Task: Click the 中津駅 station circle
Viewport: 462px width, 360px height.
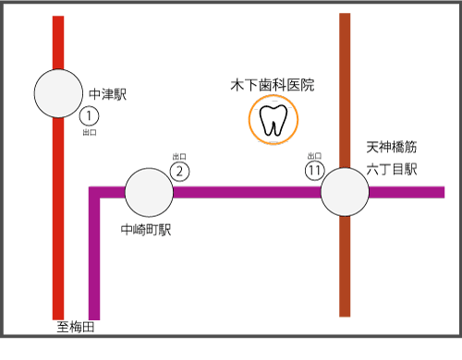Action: point(58,93)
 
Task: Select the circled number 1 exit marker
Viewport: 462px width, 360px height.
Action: point(89,116)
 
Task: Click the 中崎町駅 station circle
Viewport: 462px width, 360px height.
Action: point(149,192)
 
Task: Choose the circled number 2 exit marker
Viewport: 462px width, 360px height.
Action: point(181,170)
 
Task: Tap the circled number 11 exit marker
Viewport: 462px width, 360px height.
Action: point(315,170)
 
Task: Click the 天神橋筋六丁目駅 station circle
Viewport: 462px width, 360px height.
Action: point(345,192)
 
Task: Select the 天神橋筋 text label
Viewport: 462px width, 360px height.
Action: point(392,147)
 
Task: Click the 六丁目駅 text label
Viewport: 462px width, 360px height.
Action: point(392,169)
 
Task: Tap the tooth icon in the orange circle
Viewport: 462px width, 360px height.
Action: point(274,121)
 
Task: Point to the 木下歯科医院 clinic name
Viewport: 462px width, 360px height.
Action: point(273,85)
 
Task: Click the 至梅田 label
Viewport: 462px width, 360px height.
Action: point(76,327)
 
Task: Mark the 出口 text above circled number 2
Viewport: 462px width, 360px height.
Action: point(180,156)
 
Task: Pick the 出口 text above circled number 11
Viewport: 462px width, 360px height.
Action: point(314,156)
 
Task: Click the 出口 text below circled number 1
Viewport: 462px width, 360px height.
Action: point(89,133)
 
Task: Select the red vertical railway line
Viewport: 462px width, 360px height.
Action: point(58,231)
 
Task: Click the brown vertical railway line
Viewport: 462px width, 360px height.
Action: point(345,268)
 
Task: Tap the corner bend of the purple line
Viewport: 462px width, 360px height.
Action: point(94,193)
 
